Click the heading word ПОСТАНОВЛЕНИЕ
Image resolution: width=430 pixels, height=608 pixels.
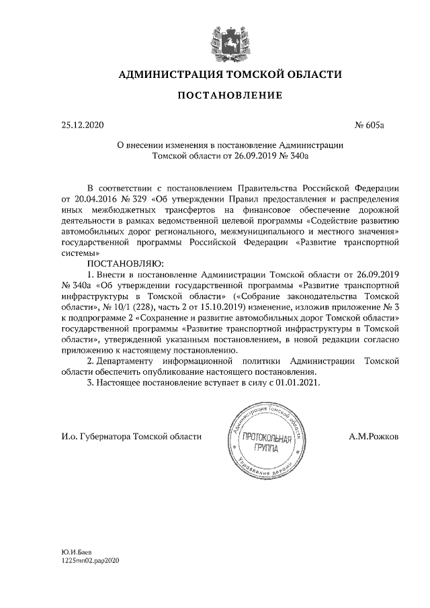(x=229, y=96)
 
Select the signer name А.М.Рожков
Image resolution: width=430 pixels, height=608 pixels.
(x=374, y=437)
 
